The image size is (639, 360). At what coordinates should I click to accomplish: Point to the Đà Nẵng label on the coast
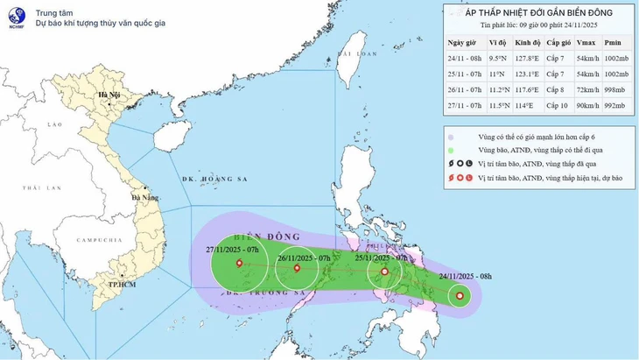tap(144, 198)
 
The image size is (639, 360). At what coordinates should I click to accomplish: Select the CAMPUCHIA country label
tap(99, 240)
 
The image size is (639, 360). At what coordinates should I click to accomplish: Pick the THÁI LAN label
tap(39, 188)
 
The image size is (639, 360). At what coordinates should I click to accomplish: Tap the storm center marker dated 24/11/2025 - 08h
tap(460, 296)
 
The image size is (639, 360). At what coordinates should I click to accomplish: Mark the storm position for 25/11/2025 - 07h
tap(383, 272)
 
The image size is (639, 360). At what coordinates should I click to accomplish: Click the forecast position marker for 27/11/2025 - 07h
tap(239, 263)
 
